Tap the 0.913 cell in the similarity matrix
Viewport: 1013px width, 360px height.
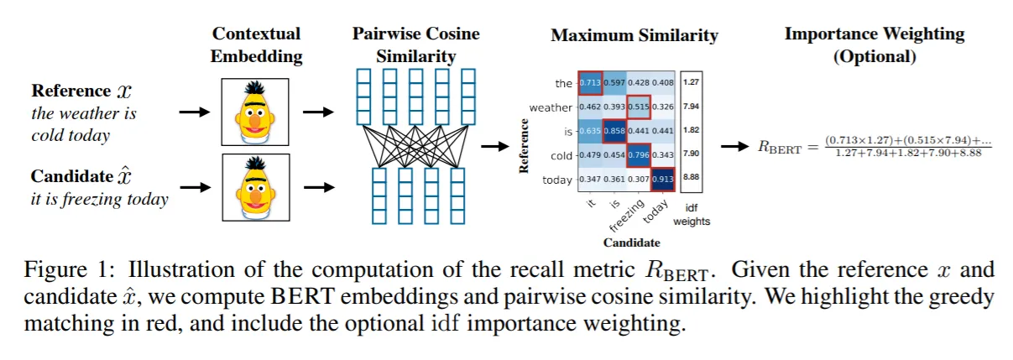[664, 180]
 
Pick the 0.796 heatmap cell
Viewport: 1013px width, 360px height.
[640, 156]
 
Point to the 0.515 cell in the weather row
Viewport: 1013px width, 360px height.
[640, 107]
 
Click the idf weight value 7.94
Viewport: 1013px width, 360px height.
[692, 107]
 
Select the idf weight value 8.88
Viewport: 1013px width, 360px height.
[692, 180]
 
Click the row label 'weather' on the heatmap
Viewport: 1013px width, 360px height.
[551, 107]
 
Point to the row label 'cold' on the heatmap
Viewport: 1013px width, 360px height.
[561, 156]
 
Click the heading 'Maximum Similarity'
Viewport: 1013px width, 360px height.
[634, 36]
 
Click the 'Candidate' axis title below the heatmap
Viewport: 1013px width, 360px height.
[629, 243]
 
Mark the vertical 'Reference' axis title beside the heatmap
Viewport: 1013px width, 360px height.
[524, 146]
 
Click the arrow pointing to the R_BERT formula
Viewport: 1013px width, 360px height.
[736, 146]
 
